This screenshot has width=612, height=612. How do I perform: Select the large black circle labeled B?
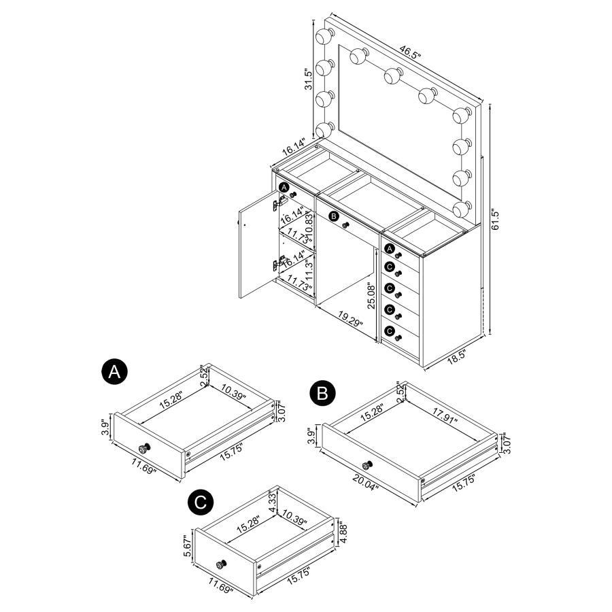point(322,393)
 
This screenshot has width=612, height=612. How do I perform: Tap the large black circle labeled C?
point(199,502)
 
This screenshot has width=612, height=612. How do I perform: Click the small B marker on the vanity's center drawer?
point(333,216)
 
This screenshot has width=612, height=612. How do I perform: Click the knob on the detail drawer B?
point(367,465)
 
